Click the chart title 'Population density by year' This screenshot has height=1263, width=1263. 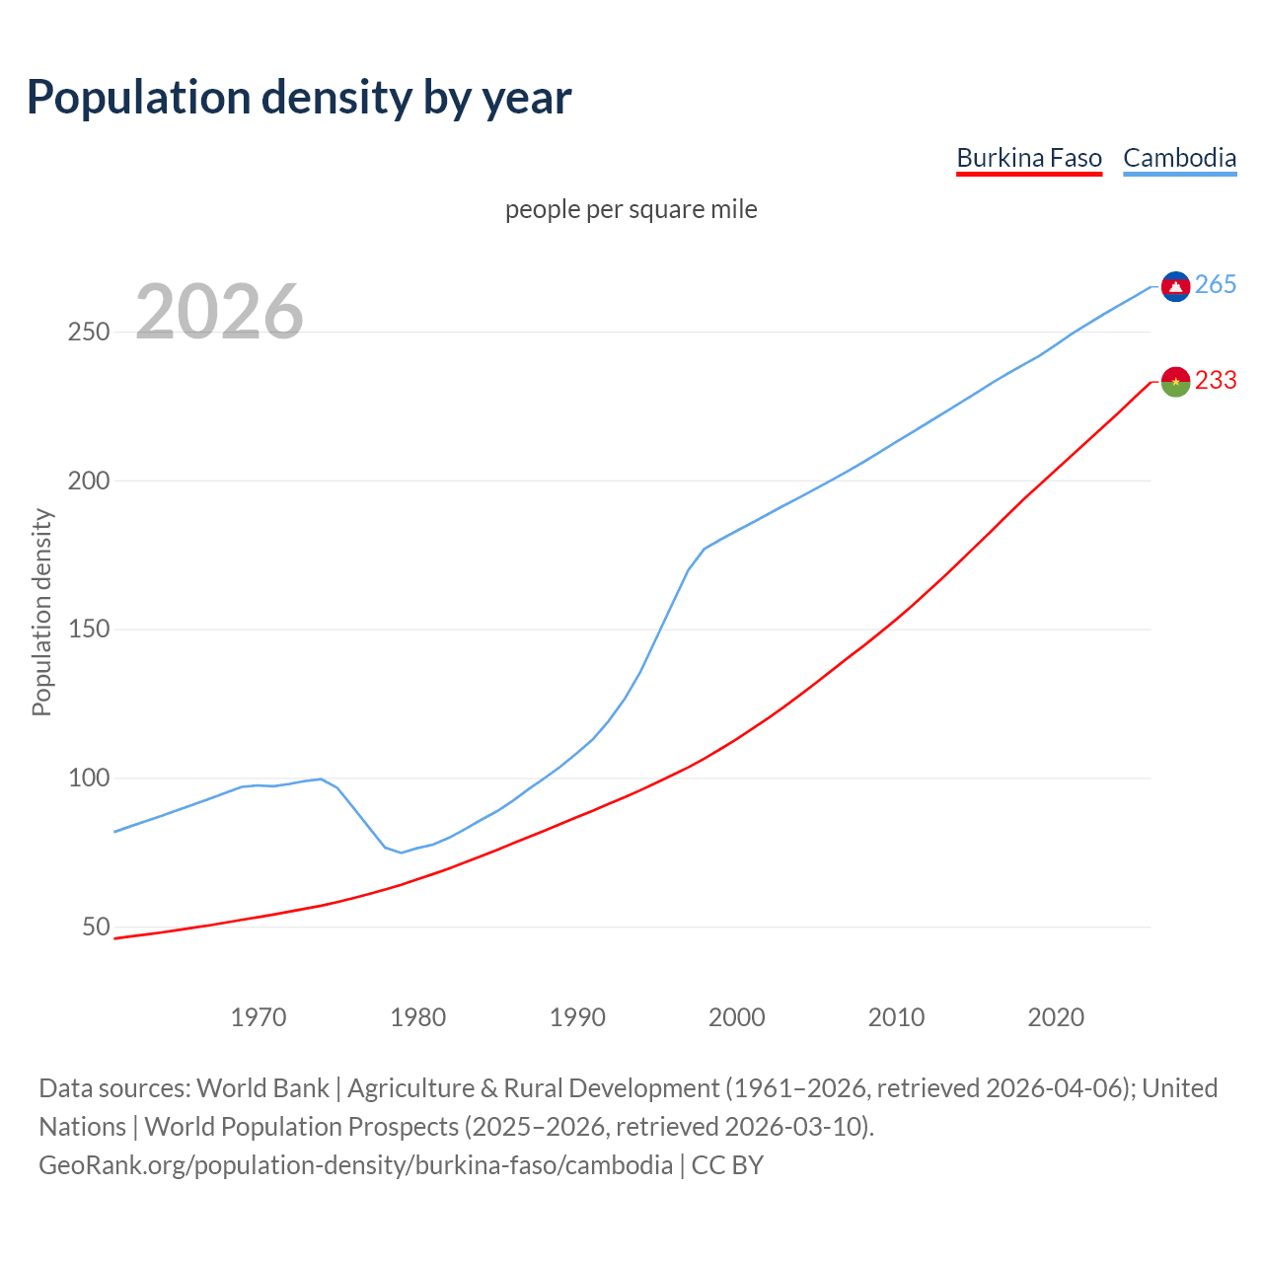pyautogui.click(x=299, y=97)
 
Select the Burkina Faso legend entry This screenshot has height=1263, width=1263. pyautogui.click(x=1029, y=158)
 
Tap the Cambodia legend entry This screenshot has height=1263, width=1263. pyautogui.click(x=1179, y=158)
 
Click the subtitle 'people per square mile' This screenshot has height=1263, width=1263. pyautogui.click(x=631, y=209)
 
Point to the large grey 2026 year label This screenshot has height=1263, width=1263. pyautogui.click(x=219, y=312)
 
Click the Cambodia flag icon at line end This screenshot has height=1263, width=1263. pyautogui.click(x=1175, y=286)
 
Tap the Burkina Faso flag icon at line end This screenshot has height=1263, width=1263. pyautogui.click(x=1175, y=381)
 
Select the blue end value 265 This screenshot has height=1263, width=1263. pyautogui.click(x=1216, y=285)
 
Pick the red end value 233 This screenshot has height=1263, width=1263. pyautogui.click(x=1216, y=381)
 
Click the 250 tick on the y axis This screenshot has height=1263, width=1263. pyautogui.click(x=89, y=333)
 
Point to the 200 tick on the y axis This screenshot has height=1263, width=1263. pyautogui.click(x=89, y=482)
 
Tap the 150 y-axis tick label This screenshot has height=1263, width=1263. pyautogui.click(x=89, y=630)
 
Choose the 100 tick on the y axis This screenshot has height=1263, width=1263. pyautogui.click(x=89, y=779)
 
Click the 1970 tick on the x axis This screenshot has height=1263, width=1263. pyautogui.click(x=259, y=1017)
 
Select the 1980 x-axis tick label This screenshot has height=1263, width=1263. pyautogui.click(x=418, y=1017)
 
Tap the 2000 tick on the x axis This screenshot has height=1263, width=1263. pyautogui.click(x=737, y=1017)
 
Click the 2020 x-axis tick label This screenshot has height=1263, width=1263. pyautogui.click(x=1056, y=1017)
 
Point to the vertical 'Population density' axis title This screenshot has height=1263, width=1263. pyautogui.click(x=41, y=612)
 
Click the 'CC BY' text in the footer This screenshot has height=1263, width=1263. pyautogui.click(x=727, y=1165)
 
